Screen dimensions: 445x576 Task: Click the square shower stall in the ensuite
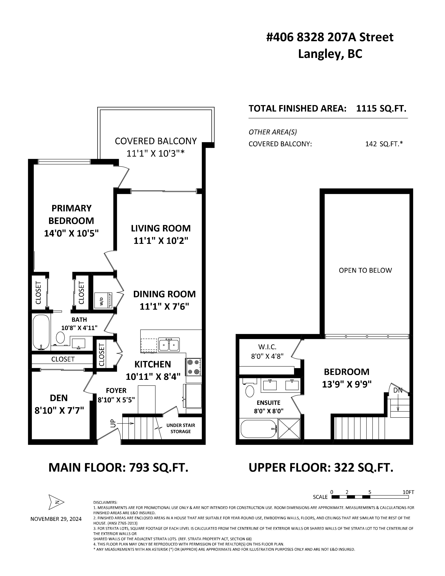point(289,429)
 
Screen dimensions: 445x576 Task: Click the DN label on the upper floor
point(398,390)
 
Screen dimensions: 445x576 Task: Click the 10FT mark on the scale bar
point(408,492)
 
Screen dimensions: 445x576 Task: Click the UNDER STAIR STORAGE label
point(181,428)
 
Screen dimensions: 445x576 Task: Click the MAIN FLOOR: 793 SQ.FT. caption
point(118,468)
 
